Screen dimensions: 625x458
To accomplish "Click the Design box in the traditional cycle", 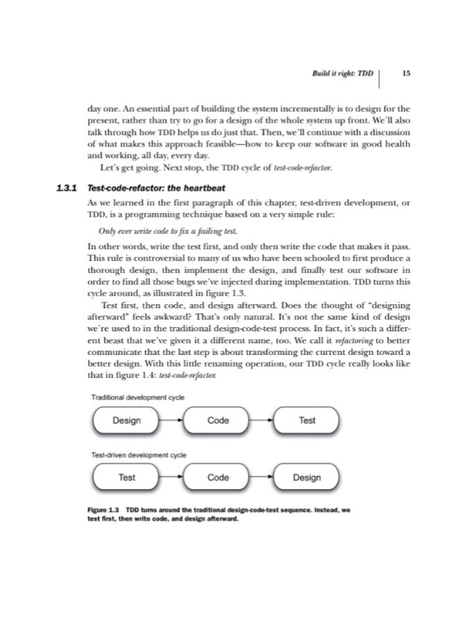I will (126, 420).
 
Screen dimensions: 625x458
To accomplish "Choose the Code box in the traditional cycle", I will (218, 420).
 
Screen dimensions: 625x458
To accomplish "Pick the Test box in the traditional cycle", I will (307, 420).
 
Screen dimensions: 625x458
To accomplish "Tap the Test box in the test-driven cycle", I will (126, 478).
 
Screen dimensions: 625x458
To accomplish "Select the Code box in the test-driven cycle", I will (218, 478).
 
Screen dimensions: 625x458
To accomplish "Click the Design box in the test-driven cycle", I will (307, 478).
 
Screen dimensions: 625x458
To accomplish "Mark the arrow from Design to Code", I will (171, 420).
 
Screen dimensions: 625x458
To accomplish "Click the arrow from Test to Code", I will (171, 478).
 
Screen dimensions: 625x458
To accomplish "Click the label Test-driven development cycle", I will (139, 454).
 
